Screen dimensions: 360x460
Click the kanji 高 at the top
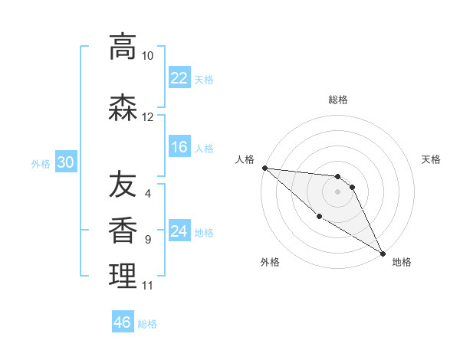(122, 47)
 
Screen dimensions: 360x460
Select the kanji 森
(122, 107)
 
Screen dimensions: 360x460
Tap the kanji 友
(122, 184)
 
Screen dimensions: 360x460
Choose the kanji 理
(122, 276)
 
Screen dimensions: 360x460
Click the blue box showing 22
(179, 78)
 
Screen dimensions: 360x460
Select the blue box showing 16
(179, 148)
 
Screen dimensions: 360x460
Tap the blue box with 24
(179, 231)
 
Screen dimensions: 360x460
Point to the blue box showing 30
(65, 163)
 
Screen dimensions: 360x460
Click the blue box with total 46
(122, 322)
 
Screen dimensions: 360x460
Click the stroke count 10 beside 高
(147, 56)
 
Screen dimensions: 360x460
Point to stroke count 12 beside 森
(147, 117)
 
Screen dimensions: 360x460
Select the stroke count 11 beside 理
(147, 286)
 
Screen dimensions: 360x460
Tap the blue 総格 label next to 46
(147, 324)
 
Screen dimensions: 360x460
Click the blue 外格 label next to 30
(41, 164)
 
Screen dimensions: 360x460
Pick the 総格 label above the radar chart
(337, 100)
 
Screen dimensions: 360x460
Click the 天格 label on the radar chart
(431, 159)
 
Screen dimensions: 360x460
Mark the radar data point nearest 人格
(264, 168)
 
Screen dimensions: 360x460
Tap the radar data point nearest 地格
(383, 253)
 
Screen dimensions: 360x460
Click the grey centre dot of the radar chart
(337, 191)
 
